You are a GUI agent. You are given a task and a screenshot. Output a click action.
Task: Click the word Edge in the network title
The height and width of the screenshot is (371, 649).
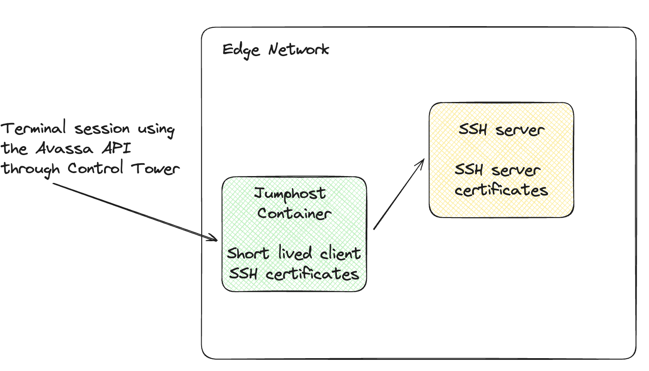point(241,50)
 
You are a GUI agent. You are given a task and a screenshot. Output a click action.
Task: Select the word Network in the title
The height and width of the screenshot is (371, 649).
point(299,50)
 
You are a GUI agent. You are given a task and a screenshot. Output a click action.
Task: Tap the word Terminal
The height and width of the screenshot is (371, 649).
point(33,128)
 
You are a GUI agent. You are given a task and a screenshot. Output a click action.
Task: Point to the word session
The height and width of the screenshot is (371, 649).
point(102,129)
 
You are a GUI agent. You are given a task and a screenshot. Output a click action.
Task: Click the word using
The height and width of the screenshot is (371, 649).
point(156,129)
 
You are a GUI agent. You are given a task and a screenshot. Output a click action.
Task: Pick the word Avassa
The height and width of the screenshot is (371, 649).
point(64,149)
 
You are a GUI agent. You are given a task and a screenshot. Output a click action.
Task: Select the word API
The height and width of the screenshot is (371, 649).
point(116,148)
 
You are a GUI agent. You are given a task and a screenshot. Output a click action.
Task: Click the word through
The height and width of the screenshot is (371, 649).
point(30,169)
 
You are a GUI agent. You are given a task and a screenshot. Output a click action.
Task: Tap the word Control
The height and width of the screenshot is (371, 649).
point(95,168)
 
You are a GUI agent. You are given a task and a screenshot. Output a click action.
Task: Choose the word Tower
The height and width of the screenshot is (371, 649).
point(155,168)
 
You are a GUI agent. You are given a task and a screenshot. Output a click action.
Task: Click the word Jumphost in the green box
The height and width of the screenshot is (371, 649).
point(290,194)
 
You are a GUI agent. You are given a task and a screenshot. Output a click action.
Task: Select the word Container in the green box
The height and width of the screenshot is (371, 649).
point(294,213)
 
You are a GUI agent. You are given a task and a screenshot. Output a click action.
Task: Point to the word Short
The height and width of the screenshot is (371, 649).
point(248,253)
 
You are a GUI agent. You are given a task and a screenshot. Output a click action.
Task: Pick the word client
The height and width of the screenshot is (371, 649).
point(340,254)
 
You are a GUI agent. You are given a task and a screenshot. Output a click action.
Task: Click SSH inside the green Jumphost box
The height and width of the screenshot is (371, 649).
point(243,273)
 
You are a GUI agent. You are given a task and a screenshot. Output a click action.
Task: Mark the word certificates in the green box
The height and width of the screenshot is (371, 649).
point(312,273)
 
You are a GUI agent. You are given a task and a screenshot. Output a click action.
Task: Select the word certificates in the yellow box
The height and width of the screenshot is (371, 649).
point(501,190)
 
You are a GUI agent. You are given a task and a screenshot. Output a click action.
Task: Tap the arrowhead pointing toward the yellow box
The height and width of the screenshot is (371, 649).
point(421,162)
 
